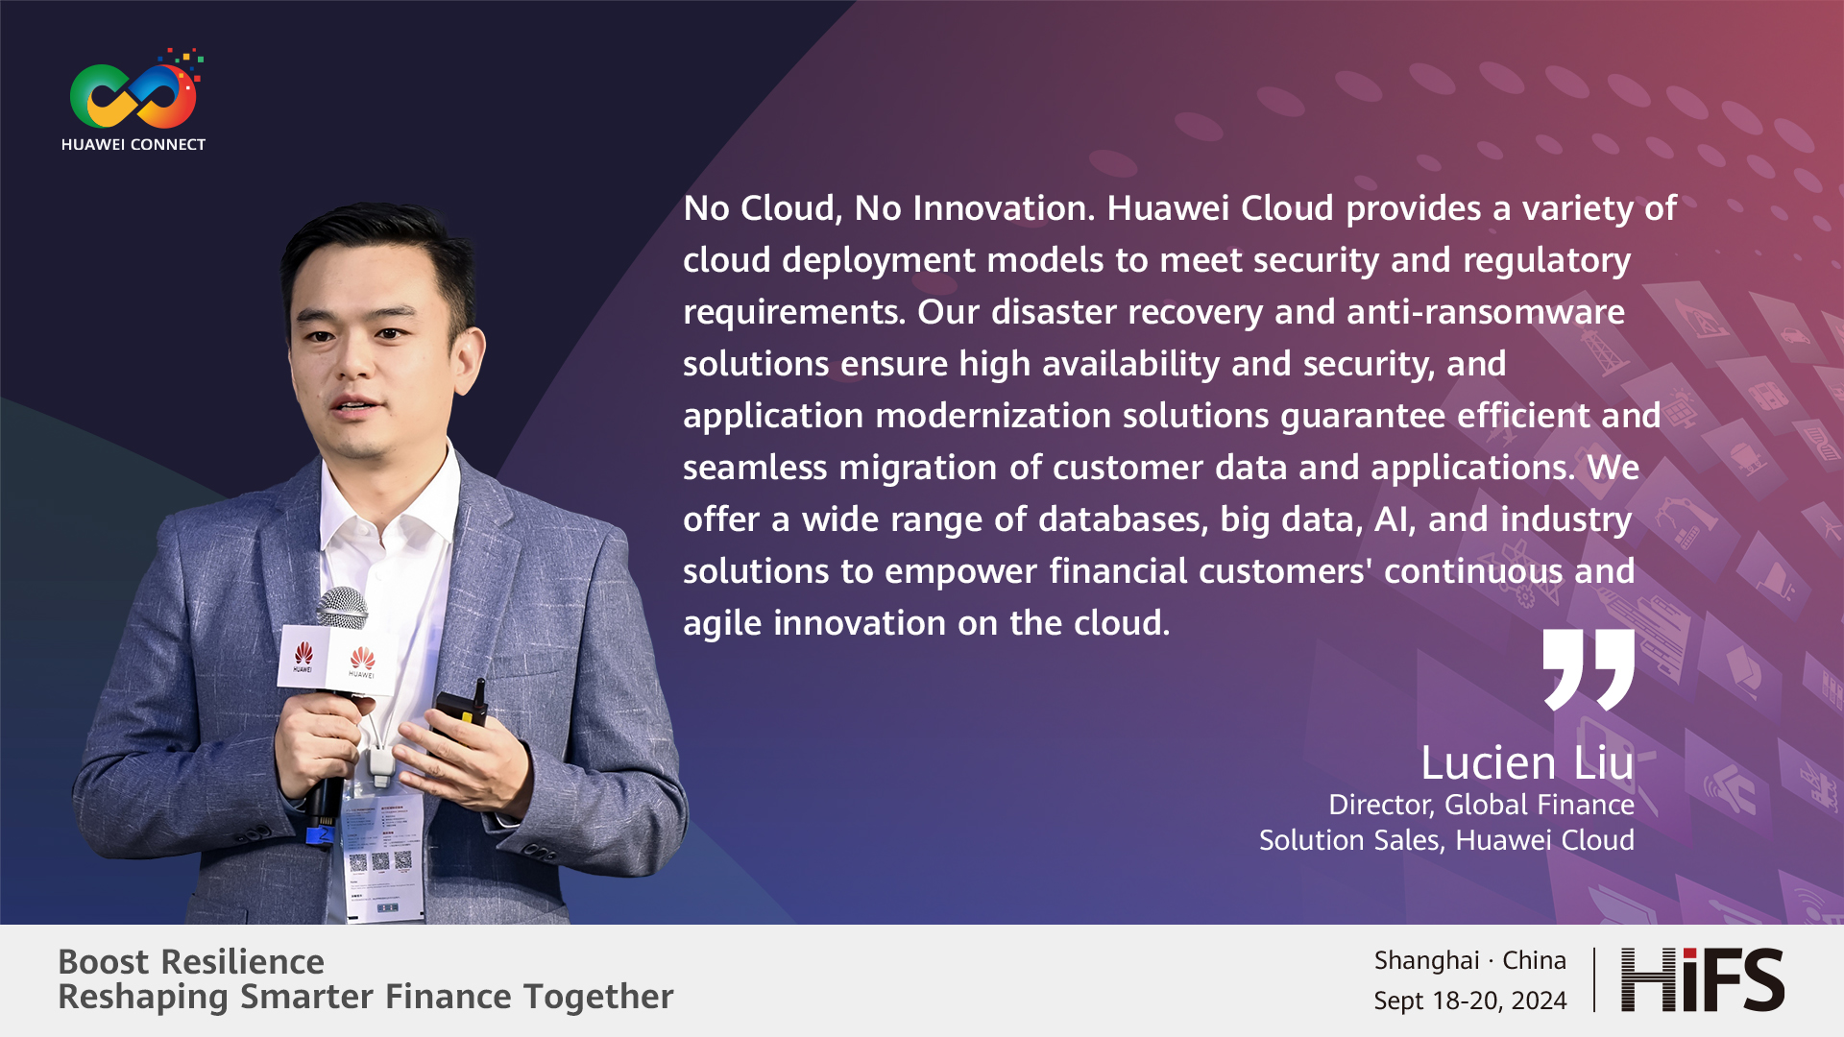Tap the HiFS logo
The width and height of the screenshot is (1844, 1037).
pos(1702,979)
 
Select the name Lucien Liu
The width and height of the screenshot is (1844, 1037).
pos(1527,763)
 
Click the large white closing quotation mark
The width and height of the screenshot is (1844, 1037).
pos(1589,669)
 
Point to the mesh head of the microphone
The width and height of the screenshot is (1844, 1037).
pos(341,608)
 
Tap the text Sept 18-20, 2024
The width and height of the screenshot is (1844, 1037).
pos(1470,1001)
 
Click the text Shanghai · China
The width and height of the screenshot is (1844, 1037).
pos(1470,960)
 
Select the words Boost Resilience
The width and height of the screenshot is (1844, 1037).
pos(191,961)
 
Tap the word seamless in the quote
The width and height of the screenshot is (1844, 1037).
pos(755,468)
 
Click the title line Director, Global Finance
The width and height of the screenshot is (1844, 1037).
pos(1481,805)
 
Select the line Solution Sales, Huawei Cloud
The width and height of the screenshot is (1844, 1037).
pos(1446,840)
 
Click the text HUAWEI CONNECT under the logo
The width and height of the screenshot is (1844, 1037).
pos(133,145)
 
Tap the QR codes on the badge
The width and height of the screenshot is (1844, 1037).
pos(379,861)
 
